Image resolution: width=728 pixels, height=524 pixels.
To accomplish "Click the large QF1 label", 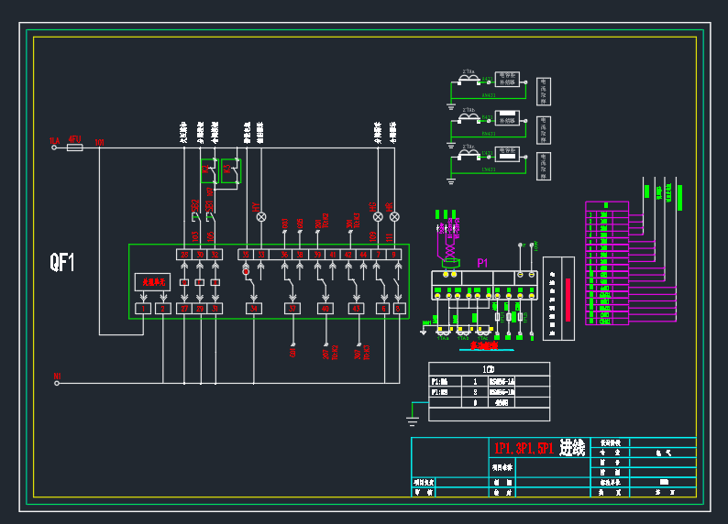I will pos(62,264).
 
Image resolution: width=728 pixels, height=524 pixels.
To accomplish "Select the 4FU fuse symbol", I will pos(75,147).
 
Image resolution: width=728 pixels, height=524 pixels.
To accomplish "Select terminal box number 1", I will pos(142,309).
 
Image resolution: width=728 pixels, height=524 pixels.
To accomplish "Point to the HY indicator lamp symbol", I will pos(260,217).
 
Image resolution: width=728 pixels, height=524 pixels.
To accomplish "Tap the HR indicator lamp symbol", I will pos(394,217).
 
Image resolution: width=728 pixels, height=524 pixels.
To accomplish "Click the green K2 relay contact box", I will pos(229,171).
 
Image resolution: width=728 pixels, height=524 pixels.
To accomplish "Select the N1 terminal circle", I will pos(57,383).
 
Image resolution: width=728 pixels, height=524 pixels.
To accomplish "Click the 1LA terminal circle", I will pos(57,147).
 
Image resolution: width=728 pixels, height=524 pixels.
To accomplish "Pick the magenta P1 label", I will pos(482,263).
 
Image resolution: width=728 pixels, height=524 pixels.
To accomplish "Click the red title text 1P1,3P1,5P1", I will pos(523,448).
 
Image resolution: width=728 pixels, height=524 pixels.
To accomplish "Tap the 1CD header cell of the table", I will pos(489,369).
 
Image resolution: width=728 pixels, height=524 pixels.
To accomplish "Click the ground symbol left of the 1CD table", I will pos(413,420).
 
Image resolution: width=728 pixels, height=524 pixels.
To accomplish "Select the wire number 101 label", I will pos(99,143).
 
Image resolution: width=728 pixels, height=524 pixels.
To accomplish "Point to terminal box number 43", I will pos(356,309).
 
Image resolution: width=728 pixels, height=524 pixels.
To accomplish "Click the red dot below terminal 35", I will pos(246,271).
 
